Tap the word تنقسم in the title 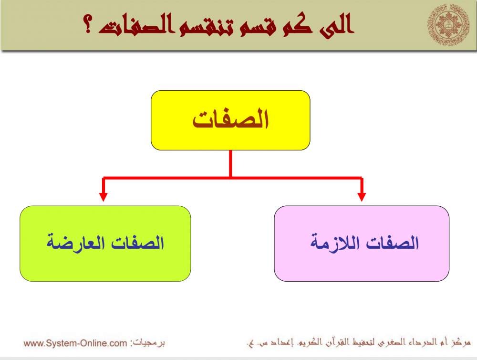[207, 26]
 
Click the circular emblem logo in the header [448, 25]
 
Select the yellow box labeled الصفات [230, 120]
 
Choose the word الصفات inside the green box [137, 243]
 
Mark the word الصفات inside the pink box [393, 243]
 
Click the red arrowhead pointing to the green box [104, 197]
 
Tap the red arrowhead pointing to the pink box [362, 197]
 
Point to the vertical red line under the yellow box [230, 164]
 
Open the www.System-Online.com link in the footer [75, 343]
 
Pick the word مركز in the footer [461, 343]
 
